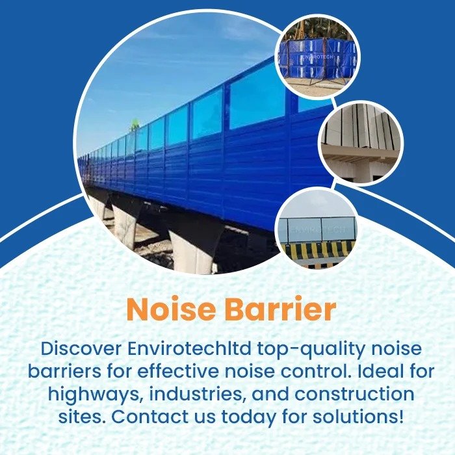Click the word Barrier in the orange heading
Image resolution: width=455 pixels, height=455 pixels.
[x=280, y=310]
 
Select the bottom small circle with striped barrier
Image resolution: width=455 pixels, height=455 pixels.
[x=317, y=227]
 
